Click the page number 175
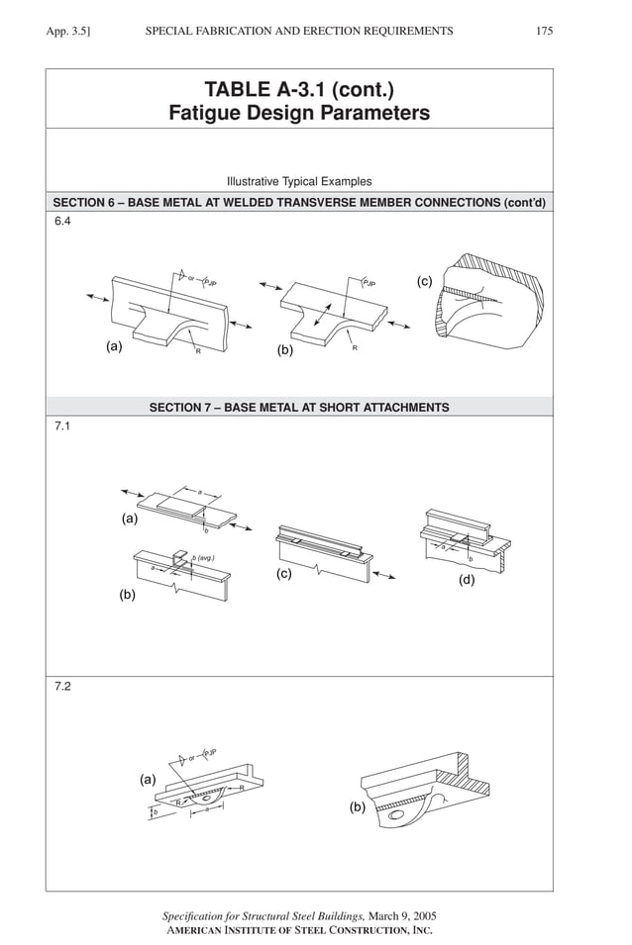[544, 32]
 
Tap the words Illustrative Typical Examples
[299, 182]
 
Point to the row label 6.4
[62, 222]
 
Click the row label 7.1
[62, 426]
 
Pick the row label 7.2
[62, 687]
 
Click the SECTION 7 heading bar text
[299, 407]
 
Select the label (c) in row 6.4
[425, 282]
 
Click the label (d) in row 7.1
[467, 580]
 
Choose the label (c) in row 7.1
[284, 575]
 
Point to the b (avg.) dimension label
[203, 559]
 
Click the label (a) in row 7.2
[148, 780]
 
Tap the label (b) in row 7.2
[358, 807]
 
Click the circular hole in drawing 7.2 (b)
[396, 817]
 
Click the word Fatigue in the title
[212, 114]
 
